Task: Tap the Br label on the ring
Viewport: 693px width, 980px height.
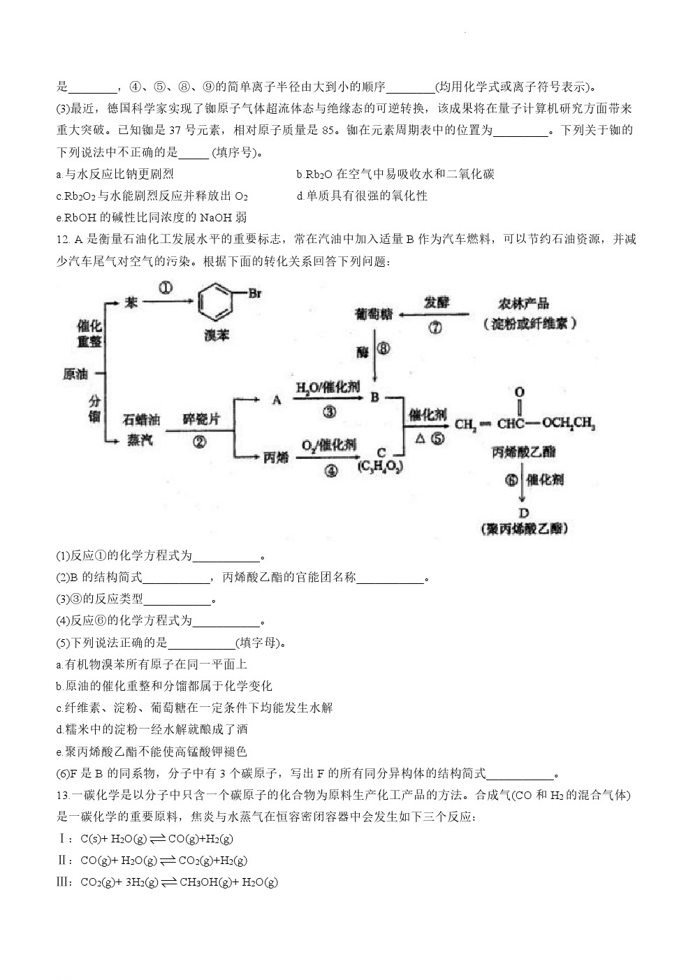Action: [254, 293]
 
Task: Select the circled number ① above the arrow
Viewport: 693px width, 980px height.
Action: [166, 288]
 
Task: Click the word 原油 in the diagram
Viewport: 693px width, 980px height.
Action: [75, 374]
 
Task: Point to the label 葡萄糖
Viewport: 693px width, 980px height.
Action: [374, 314]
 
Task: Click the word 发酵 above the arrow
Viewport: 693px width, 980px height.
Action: [437, 302]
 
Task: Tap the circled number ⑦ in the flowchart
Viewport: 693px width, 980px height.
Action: [435, 328]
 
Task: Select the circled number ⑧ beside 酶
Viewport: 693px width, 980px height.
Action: [384, 349]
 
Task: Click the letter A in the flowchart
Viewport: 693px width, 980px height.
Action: [277, 400]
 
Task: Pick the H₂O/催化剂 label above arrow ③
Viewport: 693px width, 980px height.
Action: [328, 387]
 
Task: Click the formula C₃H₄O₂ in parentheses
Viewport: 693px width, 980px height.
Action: [380, 467]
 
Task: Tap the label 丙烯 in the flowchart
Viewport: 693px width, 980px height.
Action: [276, 458]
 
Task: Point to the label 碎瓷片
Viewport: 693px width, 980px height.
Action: [200, 419]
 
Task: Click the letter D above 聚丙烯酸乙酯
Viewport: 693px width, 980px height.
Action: [523, 513]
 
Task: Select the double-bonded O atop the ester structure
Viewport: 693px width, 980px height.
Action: [519, 392]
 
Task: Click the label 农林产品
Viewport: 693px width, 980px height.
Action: [523, 304]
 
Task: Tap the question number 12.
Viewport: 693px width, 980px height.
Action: [63, 240]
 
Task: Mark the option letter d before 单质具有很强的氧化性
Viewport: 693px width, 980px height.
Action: [300, 196]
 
